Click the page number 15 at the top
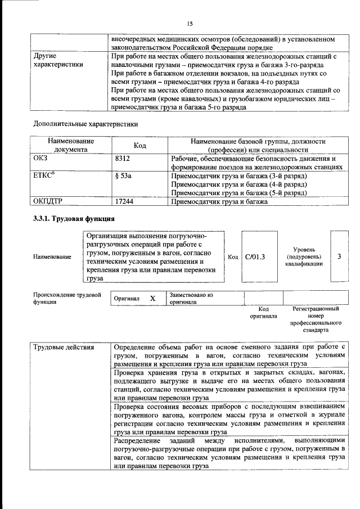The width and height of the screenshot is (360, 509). point(190,23)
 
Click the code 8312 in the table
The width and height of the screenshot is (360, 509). point(123,159)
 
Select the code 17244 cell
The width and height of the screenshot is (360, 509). point(125,201)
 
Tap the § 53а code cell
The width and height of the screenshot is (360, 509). point(123,176)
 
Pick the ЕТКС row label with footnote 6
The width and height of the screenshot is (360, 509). point(45,176)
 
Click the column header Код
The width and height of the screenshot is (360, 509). point(140,146)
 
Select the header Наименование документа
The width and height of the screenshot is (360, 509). point(70,146)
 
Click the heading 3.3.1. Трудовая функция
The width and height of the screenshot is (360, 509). point(74,218)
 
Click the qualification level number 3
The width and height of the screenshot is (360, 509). point(339,257)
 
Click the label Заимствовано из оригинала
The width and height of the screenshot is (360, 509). point(191,298)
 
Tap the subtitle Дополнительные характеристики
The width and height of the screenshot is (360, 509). point(85,123)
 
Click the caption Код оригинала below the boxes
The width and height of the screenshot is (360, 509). point(263,312)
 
